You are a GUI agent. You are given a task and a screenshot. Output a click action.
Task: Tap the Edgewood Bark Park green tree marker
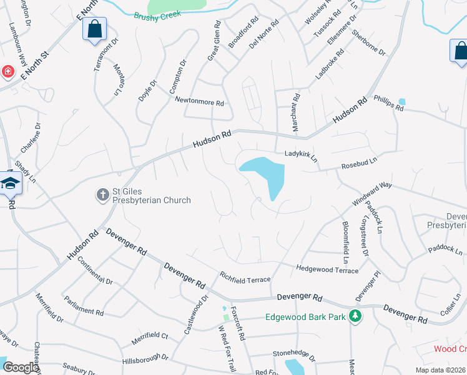coord(355,316)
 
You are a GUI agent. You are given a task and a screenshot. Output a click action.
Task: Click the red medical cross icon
coord(7,72)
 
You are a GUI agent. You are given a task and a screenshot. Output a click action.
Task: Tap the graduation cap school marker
coord(11,183)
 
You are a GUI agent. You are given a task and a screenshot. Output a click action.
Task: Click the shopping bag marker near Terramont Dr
coord(94,29)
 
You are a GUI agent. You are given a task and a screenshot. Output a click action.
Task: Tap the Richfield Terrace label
coord(244,277)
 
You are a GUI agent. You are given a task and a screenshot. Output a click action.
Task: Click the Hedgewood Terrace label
coord(327,269)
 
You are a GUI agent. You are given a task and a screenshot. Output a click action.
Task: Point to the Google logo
coord(21,367)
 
